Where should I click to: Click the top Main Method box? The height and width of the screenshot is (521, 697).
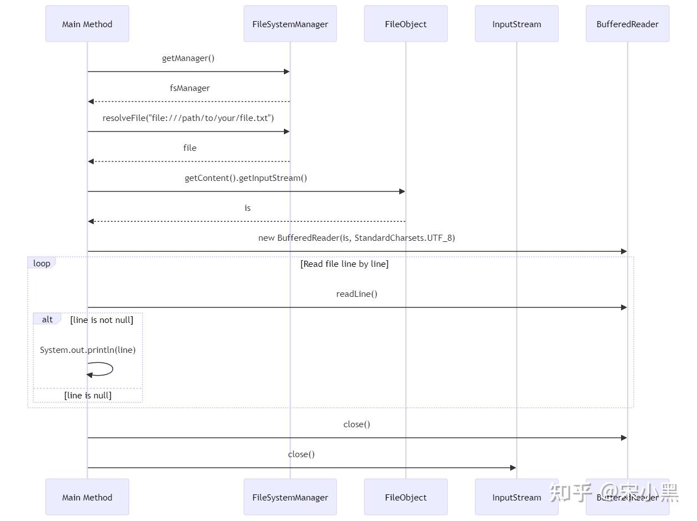(87, 24)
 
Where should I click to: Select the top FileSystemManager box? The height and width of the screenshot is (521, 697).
(290, 24)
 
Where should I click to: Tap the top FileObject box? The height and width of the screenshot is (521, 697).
(405, 24)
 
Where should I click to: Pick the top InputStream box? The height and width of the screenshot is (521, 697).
(516, 24)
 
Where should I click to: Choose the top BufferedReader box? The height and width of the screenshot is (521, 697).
(627, 24)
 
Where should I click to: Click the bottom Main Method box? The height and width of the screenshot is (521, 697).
(87, 497)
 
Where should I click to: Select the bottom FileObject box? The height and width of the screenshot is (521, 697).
(405, 497)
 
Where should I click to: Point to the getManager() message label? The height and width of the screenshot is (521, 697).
(188, 58)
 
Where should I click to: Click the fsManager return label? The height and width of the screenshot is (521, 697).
(190, 88)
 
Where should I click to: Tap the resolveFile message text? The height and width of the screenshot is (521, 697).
(188, 118)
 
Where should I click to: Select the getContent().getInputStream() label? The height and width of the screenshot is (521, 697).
(246, 178)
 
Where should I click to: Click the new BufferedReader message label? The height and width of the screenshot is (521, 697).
(357, 238)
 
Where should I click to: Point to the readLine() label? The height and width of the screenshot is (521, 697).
(357, 294)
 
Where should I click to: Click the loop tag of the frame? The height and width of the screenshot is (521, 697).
(42, 264)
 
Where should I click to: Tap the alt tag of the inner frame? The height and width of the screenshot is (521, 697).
(47, 320)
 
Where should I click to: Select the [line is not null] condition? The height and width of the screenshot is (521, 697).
(101, 320)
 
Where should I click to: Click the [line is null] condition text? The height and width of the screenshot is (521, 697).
(88, 396)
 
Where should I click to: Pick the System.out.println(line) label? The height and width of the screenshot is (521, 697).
(88, 350)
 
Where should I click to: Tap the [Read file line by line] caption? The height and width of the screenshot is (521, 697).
(344, 264)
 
